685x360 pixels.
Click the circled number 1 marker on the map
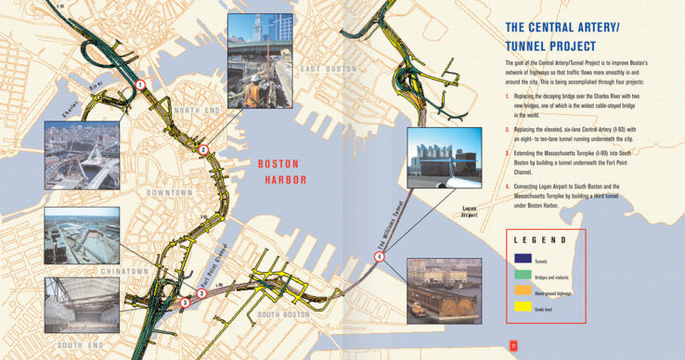click(140, 84)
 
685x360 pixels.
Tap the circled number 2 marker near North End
click(203, 149)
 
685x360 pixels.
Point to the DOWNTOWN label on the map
click(169, 192)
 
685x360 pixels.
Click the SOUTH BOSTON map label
click(282, 315)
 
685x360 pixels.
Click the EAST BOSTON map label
click(328, 70)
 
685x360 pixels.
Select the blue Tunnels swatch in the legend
click(523, 259)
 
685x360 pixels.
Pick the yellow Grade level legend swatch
click(523, 305)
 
